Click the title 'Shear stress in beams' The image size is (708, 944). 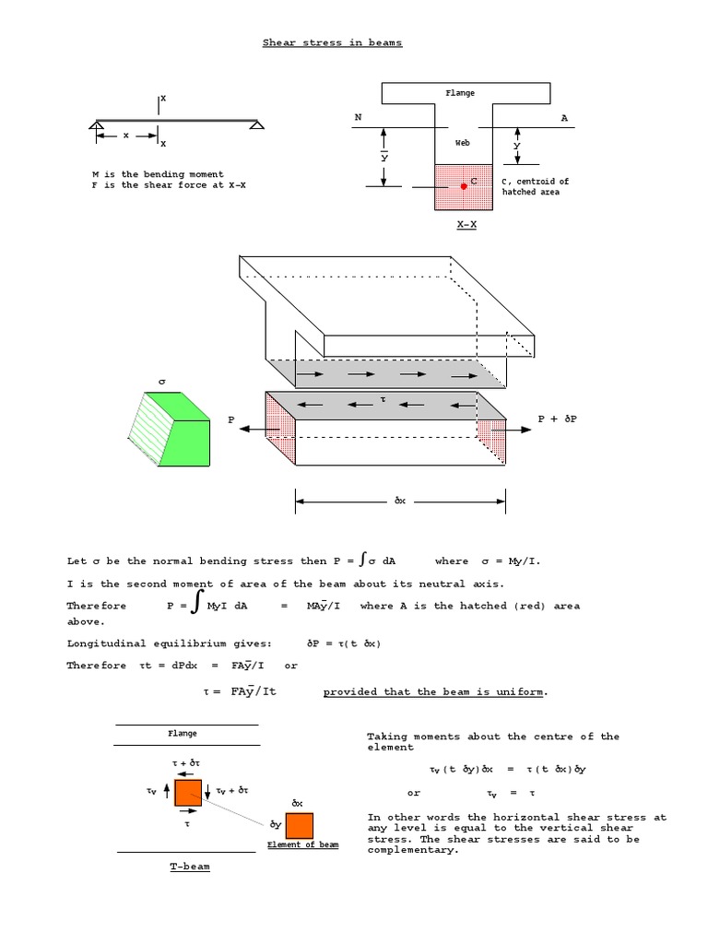point(332,42)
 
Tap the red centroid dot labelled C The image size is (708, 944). point(464,186)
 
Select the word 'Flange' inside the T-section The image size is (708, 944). point(461,93)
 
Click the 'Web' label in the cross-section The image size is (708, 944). point(463,143)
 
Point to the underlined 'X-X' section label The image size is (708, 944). point(466,224)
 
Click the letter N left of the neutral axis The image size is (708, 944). point(358,118)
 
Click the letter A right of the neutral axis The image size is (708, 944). point(564,118)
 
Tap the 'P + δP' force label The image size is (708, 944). point(557,419)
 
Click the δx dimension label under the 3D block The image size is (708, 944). point(400,501)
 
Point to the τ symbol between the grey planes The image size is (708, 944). point(383,399)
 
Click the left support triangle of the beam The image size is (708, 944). point(97,125)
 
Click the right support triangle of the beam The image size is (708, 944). point(256,125)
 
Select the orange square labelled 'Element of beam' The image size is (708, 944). point(300,825)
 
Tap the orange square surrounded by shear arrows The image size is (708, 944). point(188,792)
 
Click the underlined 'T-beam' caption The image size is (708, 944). point(189,867)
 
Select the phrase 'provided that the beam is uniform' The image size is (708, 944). point(435,691)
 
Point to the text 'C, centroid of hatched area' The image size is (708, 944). point(535,186)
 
